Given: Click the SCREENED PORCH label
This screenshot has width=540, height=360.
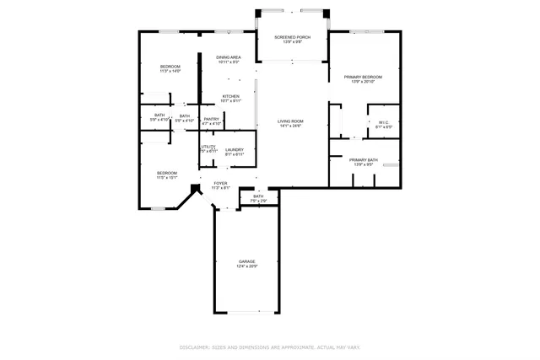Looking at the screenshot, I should coord(291,36).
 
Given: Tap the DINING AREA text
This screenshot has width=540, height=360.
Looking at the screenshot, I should coord(229,57).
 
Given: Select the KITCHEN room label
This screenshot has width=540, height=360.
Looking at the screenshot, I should coord(230,96).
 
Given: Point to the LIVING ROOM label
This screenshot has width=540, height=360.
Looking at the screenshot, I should coord(291,121).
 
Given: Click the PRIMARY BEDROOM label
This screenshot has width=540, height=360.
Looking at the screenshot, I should coord(364,77).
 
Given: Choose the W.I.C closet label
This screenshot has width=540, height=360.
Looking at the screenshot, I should coord(383,122).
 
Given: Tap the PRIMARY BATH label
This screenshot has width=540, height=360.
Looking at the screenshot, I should coord(363,159).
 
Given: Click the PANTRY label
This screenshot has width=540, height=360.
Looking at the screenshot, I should coord(212,119).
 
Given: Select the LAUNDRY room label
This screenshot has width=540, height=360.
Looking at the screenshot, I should coord(234,150).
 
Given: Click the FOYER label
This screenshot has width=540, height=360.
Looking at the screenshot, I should coord(220,183).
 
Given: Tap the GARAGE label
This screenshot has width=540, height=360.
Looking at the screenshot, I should coord(246,261).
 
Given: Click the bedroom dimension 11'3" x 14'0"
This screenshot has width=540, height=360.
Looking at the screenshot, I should coord(170,71).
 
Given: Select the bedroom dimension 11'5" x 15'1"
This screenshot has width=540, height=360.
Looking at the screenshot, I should coord(166,178).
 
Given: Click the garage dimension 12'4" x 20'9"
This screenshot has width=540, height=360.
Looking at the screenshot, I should coord(246,266).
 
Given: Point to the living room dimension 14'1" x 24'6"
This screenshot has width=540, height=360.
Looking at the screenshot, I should coord(291,126).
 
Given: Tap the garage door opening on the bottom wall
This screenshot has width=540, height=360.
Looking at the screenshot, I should coord(246,313).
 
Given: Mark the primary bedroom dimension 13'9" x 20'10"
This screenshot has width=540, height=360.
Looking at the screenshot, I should coord(364,82).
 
